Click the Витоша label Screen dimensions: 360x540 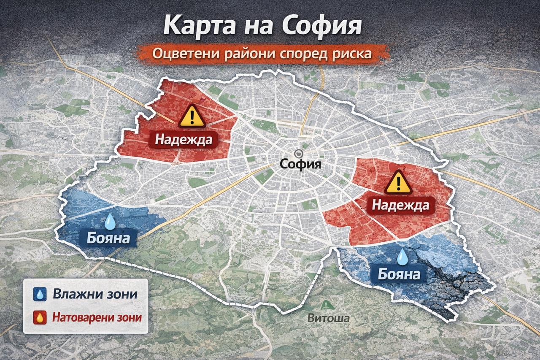(x=328, y=318)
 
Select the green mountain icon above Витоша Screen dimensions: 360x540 (x=326, y=305)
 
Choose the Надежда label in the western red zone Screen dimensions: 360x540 (x=183, y=139)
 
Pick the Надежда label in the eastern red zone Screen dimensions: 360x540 (x=400, y=206)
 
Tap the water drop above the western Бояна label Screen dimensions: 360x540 (x=111, y=220)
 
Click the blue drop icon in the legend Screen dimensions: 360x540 (x=40, y=295)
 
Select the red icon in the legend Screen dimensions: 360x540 (x=40, y=317)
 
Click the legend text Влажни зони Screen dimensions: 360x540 (x=95, y=295)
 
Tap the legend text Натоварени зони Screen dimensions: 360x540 (x=97, y=317)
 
